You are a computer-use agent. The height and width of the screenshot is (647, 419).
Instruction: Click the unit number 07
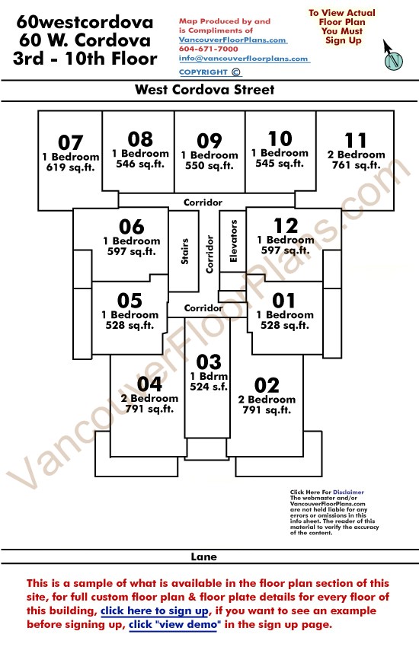click(x=71, y=143)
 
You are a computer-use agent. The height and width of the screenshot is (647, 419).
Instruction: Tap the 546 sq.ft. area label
click(x=140, y=164)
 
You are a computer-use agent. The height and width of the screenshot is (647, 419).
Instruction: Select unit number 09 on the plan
click(x=209, y=141)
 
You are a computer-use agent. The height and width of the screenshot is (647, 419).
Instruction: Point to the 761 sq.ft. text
click(x=357, y=165)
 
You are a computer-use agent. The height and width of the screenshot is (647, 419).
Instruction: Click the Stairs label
click(x=184, y=251)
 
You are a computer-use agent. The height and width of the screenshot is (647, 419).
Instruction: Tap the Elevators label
click(x=233, y=241)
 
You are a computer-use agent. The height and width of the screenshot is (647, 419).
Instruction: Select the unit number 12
click(x=286, y=226)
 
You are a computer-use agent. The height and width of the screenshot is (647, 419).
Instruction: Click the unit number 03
click(x=209, y=362)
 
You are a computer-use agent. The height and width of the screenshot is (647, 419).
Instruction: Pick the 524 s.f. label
click(x=209, y=387)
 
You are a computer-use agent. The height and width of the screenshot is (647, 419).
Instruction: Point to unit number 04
click(x=149, y=384)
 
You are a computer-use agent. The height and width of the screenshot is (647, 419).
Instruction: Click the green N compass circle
click(x=394, y=61)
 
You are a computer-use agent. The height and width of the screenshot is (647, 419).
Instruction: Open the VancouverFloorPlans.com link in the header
click(x=233, y=40)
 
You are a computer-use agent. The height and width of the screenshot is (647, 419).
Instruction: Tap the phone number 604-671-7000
click(x=209, y=49)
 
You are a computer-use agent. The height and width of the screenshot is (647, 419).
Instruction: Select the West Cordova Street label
click(x=205, y=90)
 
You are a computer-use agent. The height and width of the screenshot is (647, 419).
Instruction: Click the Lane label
click(x=203, y=556)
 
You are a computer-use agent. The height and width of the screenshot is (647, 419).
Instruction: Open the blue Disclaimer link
click(x=348, y=492)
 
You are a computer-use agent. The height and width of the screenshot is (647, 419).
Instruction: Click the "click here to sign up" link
click(x=155, y=610)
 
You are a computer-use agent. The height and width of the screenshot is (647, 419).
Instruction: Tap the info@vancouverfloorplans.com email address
click(x=244, y=59)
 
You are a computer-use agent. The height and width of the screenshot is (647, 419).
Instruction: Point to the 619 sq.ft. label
click(x=71, y=167)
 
